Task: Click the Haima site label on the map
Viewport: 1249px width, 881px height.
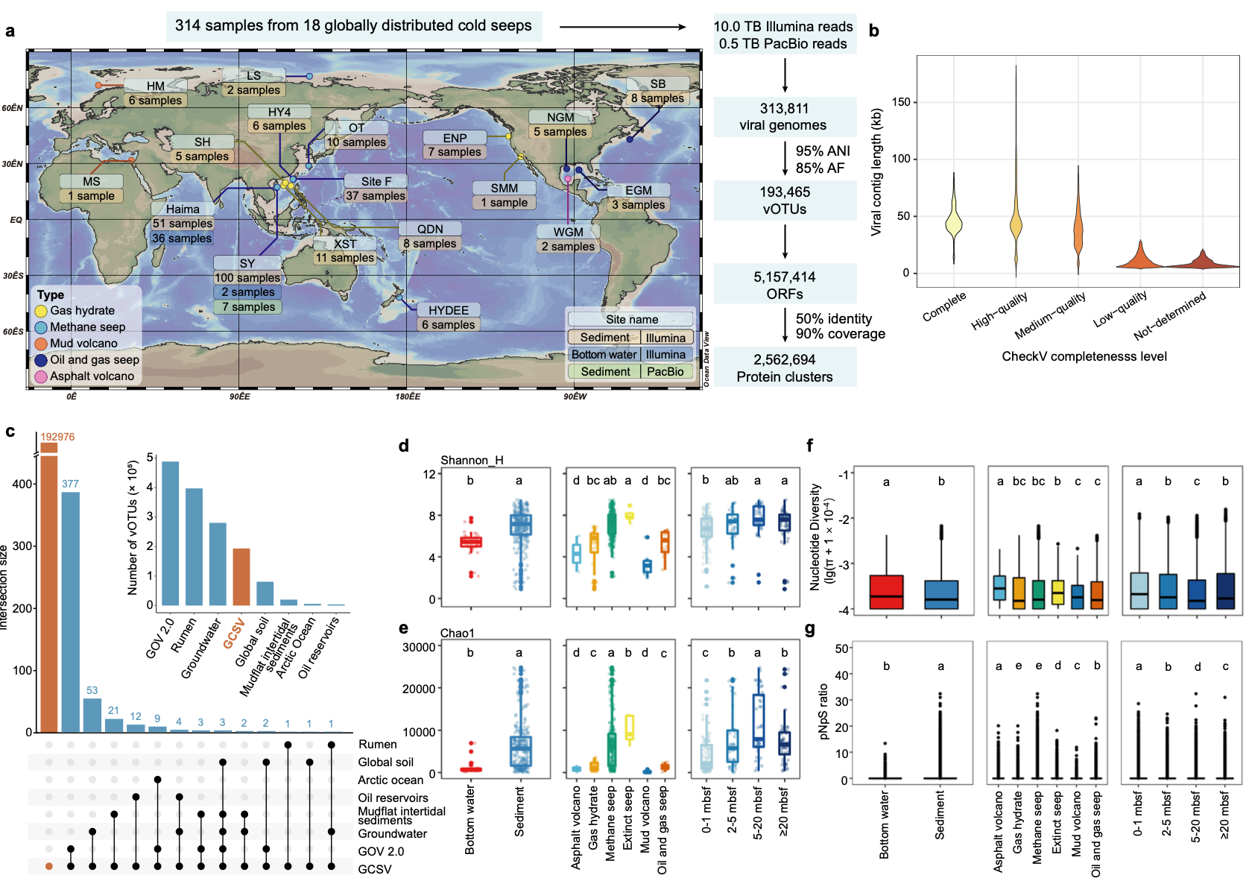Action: (183, 209)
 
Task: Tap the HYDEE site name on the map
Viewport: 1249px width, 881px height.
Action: (449, 310)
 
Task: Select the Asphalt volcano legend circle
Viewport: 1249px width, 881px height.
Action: (41, 376)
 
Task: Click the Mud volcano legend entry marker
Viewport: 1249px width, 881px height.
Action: (41, 344)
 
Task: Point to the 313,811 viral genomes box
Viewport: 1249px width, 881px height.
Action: (785, 117)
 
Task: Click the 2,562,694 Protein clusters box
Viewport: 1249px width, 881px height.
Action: (785, 368)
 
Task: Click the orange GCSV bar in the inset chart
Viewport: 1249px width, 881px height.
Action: (241, 576)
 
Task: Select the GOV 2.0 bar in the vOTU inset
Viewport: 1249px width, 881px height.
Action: (171, 533)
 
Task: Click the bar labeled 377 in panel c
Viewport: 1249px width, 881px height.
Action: (71, 611)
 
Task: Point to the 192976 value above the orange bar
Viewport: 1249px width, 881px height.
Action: (57, 437)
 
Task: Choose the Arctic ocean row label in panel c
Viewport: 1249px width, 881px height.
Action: (390, 780)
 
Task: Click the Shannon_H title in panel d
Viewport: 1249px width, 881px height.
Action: (472, 460)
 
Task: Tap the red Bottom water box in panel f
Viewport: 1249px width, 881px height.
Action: (887, 592)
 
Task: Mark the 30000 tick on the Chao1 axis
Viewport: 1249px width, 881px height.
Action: (419, 647)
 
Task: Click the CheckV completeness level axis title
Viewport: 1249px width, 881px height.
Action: (1084, 356)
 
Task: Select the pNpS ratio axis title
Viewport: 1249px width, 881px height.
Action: (823, 711)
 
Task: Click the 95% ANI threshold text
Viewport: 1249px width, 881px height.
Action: (822, 151)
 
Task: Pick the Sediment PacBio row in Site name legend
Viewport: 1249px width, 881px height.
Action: (631, 371)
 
